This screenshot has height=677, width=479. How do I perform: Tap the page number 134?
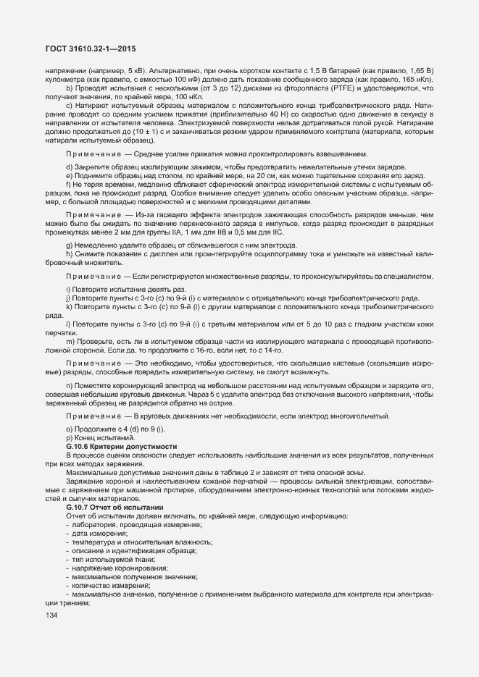pyautogui.click(x=51, y=615)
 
